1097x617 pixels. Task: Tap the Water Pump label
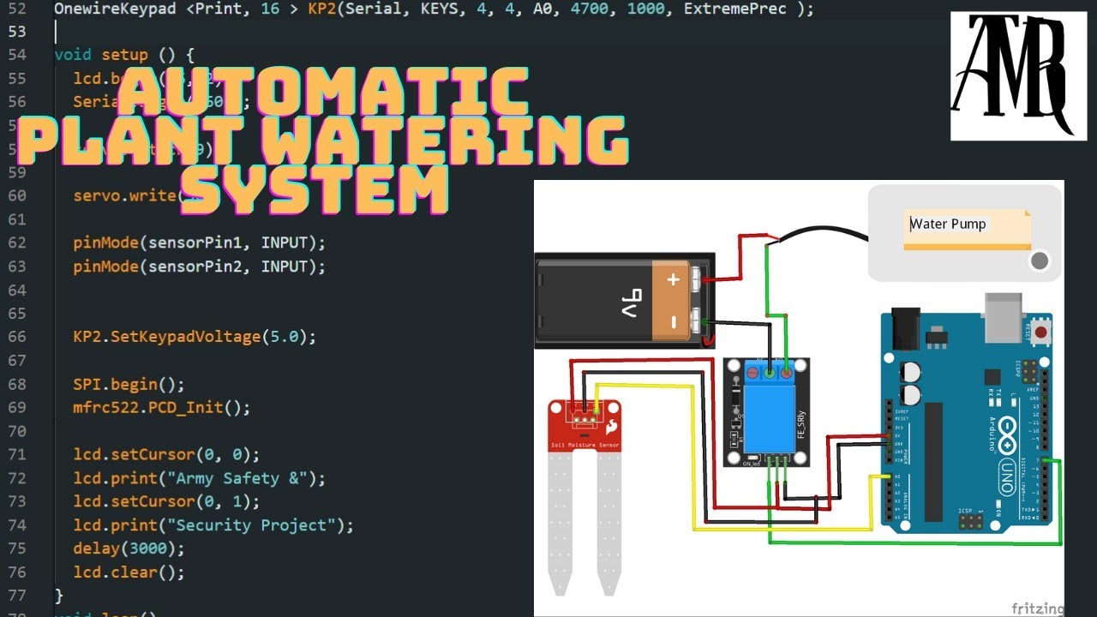(948, 225)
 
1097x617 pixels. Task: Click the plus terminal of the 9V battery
(674, 279)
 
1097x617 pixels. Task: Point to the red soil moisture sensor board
(584, 424)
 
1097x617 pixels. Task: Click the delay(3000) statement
(129, 548)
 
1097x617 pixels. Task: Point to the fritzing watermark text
(1037, 608)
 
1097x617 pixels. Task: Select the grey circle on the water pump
(1040, 261)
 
